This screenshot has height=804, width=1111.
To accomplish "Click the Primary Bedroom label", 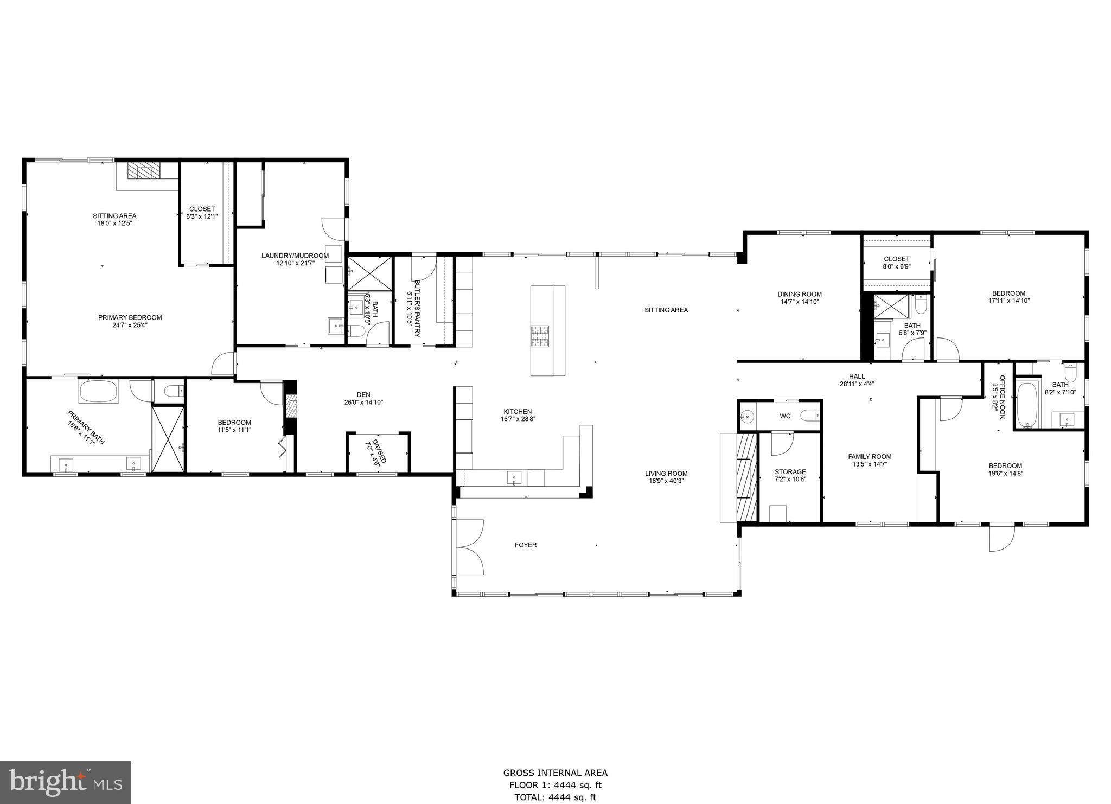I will coord(130,317).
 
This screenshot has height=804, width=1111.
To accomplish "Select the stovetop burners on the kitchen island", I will coord(539,336).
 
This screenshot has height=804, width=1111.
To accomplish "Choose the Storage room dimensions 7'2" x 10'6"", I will coord(790,479).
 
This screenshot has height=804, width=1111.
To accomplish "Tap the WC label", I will coord(785,416).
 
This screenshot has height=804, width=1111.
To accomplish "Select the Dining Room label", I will coord(800,294).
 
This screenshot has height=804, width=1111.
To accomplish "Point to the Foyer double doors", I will coord(469,547).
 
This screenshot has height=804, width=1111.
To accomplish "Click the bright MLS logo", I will coord(65,782).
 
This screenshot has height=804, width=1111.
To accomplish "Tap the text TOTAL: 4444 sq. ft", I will coord(555,797).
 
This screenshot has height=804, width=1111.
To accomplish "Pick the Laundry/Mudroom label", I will coord(295,256).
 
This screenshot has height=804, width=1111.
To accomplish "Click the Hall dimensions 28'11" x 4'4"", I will coord(857,384).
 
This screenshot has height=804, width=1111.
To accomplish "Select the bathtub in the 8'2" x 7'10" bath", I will coord(1027,405).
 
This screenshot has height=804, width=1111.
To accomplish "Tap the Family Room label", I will coord(870,456).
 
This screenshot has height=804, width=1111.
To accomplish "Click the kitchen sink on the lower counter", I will coord(514,478).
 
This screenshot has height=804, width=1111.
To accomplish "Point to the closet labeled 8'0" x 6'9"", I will coord(896,263).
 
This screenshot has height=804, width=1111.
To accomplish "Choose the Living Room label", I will coord(666,473).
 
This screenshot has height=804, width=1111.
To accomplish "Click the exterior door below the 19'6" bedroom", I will coord(1001,538).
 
